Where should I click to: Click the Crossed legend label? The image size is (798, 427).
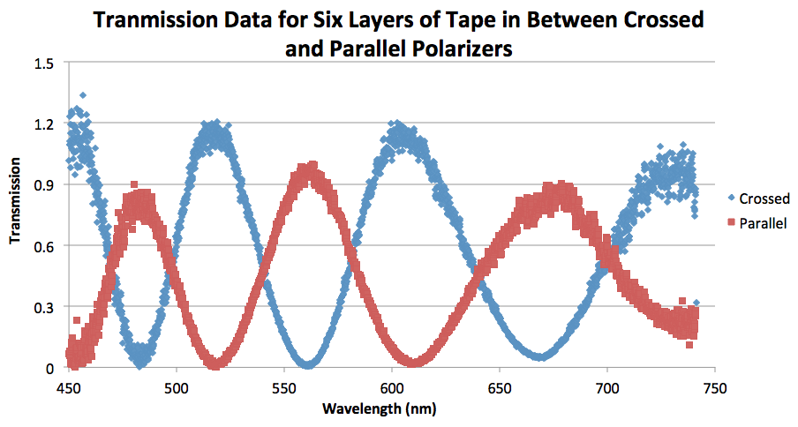click(765, 199)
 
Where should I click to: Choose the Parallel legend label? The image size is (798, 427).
click(764, 223)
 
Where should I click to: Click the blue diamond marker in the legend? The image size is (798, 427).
click(733, 199)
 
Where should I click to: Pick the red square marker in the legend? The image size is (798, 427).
click(733, 223)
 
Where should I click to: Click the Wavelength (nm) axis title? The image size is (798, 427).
click(390, 409)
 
